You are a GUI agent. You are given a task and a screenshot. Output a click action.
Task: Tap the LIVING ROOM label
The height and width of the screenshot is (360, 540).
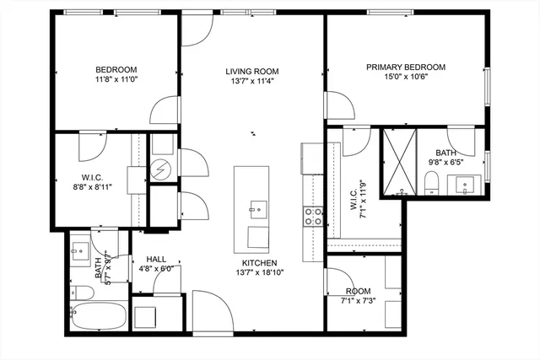pos(251,71)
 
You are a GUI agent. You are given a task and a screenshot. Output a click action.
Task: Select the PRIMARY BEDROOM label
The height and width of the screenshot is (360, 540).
pos(405,67)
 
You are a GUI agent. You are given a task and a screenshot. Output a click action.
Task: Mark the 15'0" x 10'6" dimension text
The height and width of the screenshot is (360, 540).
pos(405,78)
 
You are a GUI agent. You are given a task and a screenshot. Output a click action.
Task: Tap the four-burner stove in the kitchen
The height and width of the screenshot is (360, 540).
pos(314,216)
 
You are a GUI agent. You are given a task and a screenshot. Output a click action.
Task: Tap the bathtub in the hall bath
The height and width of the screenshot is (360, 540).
pos(99,317)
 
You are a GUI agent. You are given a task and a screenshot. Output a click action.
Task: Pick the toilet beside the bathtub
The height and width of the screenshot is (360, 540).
pos(83,293)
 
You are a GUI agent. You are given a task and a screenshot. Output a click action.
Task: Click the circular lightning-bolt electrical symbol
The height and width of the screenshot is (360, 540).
pos(160,170)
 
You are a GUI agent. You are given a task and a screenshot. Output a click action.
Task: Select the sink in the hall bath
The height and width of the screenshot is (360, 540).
pos(80,250)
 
